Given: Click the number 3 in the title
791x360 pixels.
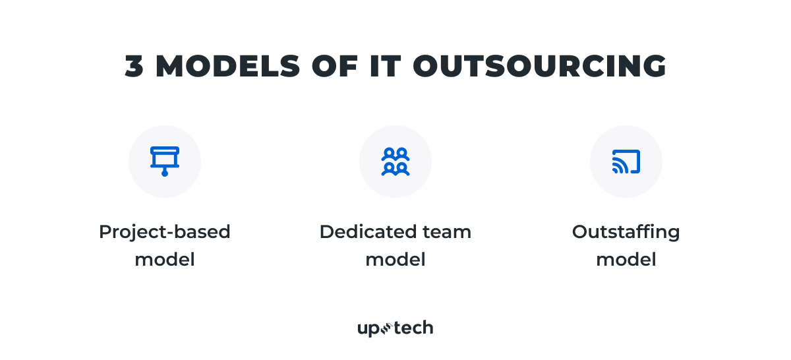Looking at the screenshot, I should coord(135,66).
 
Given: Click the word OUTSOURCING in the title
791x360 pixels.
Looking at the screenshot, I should coord(540,66).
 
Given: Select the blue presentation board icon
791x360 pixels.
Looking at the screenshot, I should coord(165,158).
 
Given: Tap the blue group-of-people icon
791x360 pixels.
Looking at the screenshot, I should coord(395,162).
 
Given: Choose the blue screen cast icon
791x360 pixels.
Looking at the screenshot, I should coord(626,162).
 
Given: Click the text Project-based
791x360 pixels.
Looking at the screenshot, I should coord(165,233).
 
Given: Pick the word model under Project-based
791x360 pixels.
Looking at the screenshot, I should coord(165,260).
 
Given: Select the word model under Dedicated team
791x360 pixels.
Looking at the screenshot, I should coord(395,260).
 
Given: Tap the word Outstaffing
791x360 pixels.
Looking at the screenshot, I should coord(626,233).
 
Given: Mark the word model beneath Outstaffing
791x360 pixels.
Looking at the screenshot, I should coord(626,260).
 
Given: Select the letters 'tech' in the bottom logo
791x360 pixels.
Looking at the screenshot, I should coord(414,328).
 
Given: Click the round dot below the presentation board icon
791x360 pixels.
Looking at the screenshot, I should coord(165,173).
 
